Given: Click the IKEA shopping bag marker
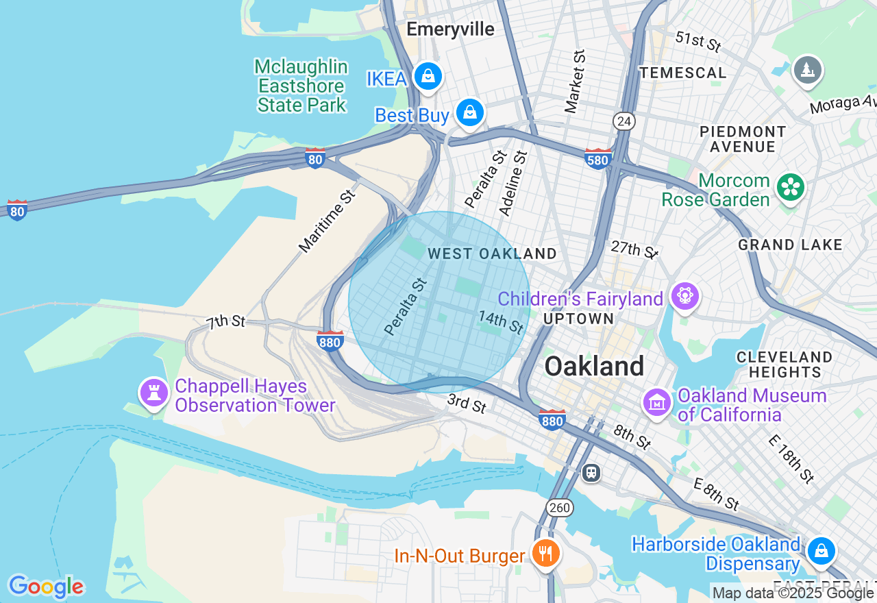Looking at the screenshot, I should point(428,75).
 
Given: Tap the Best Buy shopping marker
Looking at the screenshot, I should point(470,112).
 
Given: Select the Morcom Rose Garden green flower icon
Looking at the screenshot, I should point(790,186).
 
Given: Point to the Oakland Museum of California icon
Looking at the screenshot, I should point(657,402).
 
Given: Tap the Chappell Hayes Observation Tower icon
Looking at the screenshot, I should point(154,393).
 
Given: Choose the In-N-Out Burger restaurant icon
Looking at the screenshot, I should point(545,552).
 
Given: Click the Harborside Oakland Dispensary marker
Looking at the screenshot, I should point(821,550).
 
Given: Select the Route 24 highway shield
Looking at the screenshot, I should point(624,121).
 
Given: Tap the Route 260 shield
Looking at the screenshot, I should point(560,508).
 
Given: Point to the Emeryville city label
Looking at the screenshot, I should point(450,29).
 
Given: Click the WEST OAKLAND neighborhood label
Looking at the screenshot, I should point(492,254).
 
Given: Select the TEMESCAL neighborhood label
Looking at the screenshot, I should point(682,73).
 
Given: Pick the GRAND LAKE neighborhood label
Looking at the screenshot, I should point(790,245).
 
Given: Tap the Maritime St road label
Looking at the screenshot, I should point(328,221).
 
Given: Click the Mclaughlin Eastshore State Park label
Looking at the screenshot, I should point(301,86).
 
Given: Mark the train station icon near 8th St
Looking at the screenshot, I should point(591,472).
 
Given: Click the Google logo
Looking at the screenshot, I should point(45,587).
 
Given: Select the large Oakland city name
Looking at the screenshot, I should point(593,367).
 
